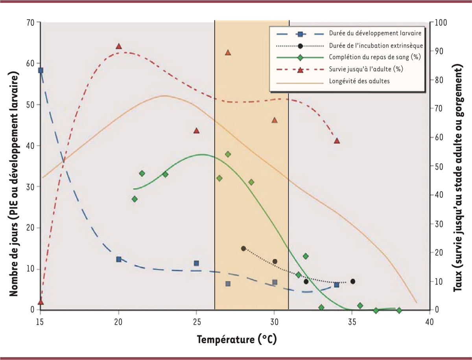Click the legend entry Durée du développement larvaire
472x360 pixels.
point(375,33)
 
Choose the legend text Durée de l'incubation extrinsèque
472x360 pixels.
point(376,45)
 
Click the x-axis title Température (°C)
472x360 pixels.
point(236,338)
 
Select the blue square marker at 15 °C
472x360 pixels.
point(41,70)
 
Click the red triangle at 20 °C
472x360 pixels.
point(119,46)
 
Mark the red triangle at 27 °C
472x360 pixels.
point(228,53)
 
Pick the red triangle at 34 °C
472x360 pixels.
point(337,141)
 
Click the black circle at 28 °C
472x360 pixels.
point(243,248)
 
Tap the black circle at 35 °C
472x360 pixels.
point(353,281)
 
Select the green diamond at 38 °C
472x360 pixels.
point(399,310)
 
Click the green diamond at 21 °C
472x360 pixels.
point(135,199)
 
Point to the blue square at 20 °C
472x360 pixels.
point(119,259)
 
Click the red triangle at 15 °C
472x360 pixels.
point(41,302)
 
